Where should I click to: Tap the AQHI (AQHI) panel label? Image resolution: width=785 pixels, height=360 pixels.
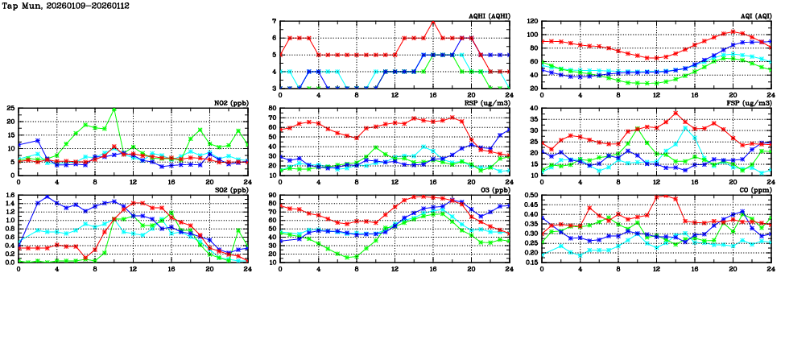pyautogui.click(x=487, y=15)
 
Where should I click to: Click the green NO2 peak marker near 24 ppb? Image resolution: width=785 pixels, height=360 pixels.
pyautogui.click(x=114, y=110)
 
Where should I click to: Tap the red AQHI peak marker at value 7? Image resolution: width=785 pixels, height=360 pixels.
pyautogui.click(x=433, y=22)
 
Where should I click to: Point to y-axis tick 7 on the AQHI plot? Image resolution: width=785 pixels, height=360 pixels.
pyautogui.click(x=274, y=22)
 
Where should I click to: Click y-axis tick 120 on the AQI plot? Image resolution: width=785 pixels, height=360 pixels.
pyautogui.click(x=532, y=22)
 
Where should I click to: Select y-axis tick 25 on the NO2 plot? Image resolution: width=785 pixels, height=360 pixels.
pyautogui.click(x=10, y=108)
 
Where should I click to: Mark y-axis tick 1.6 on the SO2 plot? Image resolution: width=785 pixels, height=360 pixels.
pyautogui.click(x=10, y=195)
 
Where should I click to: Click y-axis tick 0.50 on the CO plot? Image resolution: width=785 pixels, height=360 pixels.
pyautogui.click(x=531, y=195)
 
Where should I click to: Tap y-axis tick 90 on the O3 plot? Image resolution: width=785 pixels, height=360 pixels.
pyautogui.click(x=273, y=195)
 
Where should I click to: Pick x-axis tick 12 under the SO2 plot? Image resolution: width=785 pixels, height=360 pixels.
pyautogui.click(x=133, y=268)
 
